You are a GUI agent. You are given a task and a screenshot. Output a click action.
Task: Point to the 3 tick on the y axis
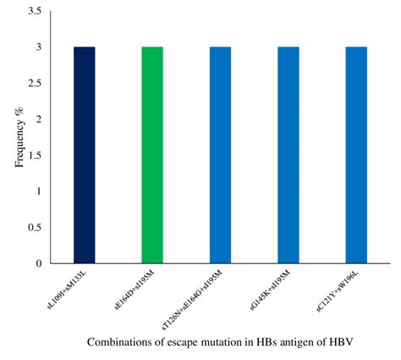pos(40,48)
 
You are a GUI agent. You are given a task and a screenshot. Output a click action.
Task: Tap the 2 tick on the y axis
pos(40,120)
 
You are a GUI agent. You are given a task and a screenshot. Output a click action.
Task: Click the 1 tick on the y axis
pos(40,192)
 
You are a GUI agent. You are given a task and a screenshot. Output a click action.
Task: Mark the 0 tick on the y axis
pos(40,264)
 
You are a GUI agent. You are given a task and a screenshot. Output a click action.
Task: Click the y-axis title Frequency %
pos(19,138)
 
